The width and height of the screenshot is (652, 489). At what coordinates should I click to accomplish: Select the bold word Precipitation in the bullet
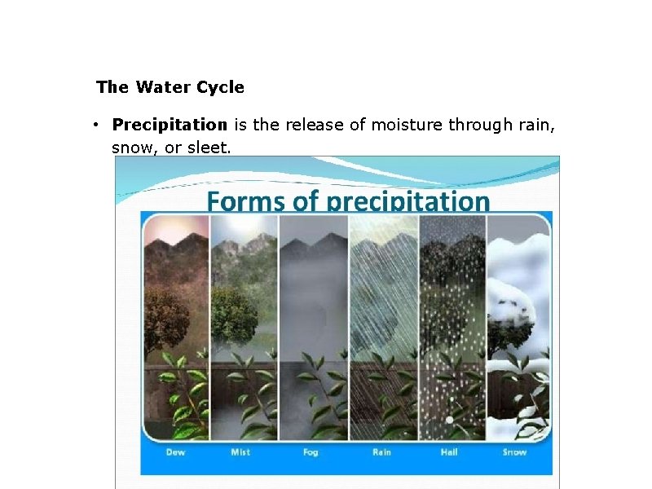click(170, 125)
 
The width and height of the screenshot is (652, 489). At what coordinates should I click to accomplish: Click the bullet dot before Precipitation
click(95, 125)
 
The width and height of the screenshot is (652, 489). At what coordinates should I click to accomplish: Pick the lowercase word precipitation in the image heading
click(408, 201)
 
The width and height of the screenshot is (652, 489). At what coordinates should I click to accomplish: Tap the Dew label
click(174, 452)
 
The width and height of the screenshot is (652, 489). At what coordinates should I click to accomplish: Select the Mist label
click(240, 452)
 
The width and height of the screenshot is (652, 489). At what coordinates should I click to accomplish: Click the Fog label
click(311, 452)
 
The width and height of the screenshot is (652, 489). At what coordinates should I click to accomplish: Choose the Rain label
click(381, 452)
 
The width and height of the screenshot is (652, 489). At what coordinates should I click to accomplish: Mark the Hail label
click(449, 452)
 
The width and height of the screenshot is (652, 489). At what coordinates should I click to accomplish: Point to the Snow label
click(515, 452)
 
